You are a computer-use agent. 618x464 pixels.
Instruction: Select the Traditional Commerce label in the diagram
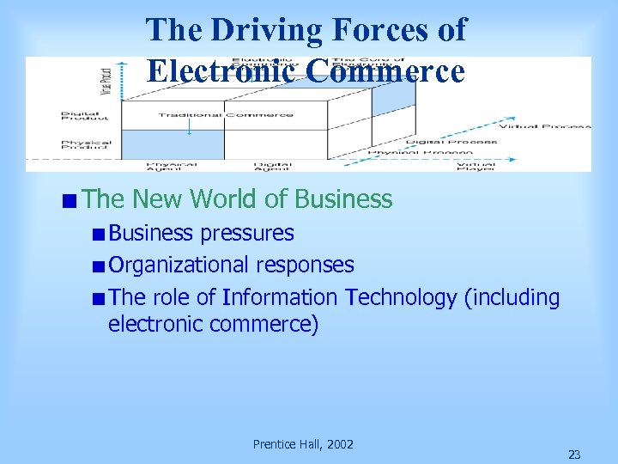click(226, 114)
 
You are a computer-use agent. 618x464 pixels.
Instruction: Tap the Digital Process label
click(451, 141)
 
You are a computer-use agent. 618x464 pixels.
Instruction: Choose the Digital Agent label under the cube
click(272, 164)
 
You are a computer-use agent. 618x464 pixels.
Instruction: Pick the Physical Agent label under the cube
click(172, 164)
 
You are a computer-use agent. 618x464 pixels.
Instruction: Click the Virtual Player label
click(476, 164)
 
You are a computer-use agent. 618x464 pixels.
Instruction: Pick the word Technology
click(401, 297)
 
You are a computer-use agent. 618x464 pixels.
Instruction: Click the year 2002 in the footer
click(338, 444)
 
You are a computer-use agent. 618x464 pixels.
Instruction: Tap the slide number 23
click(574, 455)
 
